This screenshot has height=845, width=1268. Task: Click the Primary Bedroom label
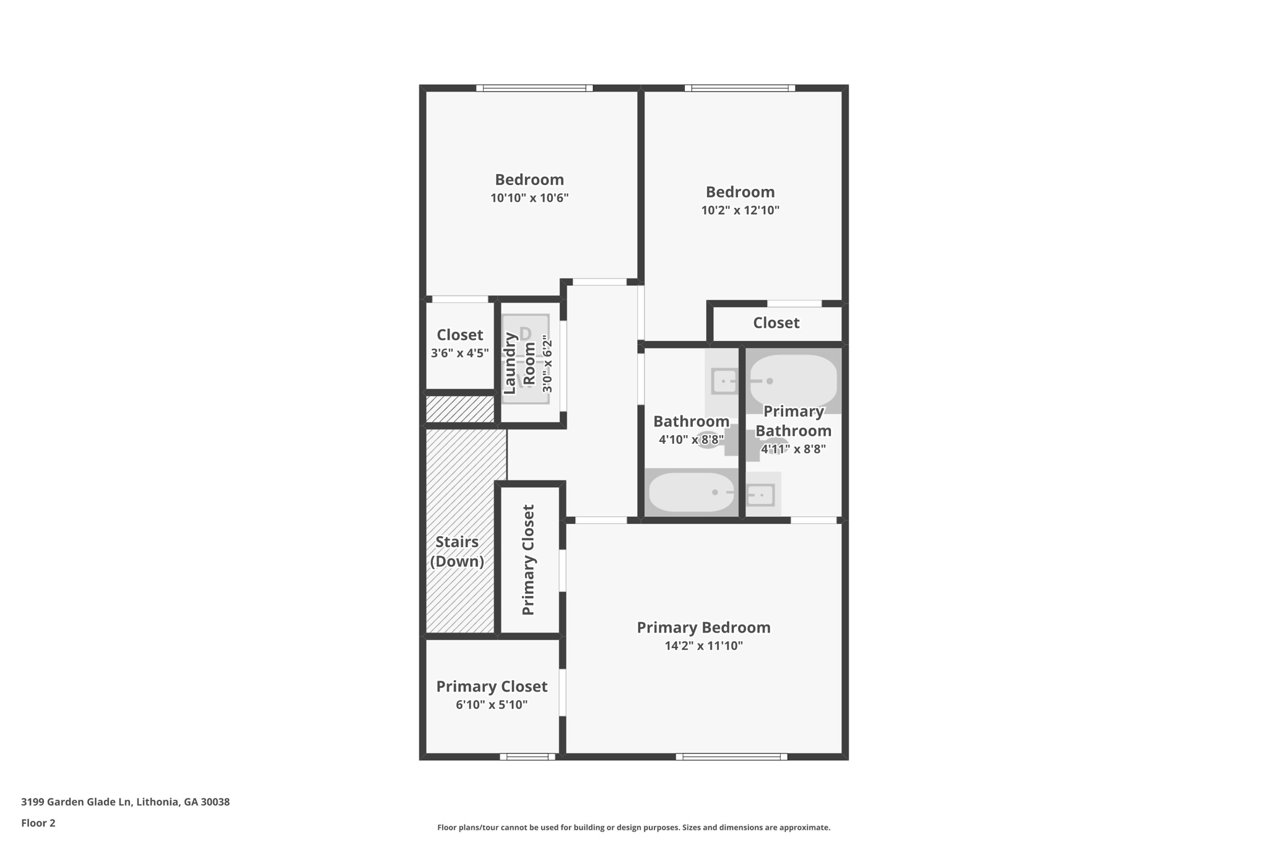[703, 627]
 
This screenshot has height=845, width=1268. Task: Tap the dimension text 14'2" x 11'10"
[703, 646]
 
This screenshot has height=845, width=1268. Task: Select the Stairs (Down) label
[457, 551]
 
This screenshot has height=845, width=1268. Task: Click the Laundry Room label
[519, 364]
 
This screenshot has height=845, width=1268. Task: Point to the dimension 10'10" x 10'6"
[529, 198]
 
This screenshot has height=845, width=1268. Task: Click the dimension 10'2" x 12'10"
[740, 210]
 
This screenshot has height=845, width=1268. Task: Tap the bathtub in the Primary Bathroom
[793, 380]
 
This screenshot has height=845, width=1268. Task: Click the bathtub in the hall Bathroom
[691, 493]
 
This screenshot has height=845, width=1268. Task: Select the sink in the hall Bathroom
[724, 381]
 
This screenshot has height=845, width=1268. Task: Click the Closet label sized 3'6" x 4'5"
[459, 335]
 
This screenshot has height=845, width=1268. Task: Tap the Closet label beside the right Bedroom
[776, 323]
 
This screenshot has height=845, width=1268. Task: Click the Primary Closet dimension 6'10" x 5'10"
[492, 704]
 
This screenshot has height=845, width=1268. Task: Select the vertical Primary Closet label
[528, 560]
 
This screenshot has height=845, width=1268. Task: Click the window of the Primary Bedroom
[731, 756]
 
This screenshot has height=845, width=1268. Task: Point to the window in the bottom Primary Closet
[528, 756]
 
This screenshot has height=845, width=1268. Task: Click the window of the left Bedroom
[534, 88]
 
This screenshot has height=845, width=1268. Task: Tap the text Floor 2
[38, 823]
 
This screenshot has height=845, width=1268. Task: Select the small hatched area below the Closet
[460, 409]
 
